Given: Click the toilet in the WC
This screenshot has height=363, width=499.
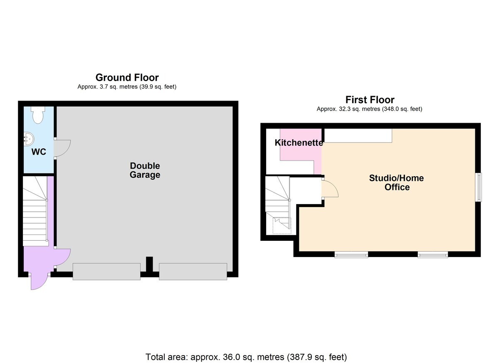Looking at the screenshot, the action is [x=38, y=115].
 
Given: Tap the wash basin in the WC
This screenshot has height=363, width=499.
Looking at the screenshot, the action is [x=29, y=139].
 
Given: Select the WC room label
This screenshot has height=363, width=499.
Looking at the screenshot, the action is [x=39, y=152].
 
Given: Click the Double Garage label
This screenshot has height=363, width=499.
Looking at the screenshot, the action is [x=145, y=170].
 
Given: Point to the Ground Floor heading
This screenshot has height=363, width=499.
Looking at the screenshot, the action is [x=127, y=77].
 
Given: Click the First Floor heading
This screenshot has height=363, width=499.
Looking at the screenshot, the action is [x=370, y=100].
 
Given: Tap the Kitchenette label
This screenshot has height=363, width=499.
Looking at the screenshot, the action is [x=299, y=143].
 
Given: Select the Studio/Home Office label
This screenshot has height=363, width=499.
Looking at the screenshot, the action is [x=397, y=183].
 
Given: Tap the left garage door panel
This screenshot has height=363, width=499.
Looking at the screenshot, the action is [x=106, y=272].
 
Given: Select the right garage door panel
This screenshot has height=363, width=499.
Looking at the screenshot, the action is [x=193, y=272].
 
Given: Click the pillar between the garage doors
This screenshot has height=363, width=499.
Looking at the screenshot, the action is [x=149, y=264].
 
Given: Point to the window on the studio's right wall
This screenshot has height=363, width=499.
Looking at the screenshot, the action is [x=479, y=187].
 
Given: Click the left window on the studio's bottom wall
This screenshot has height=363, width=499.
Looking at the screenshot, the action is [x=351, y=255].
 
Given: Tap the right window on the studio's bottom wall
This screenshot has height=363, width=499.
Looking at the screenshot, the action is [x=432, y=255].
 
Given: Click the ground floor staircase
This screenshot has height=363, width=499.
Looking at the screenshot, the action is [x=35, y=211].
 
